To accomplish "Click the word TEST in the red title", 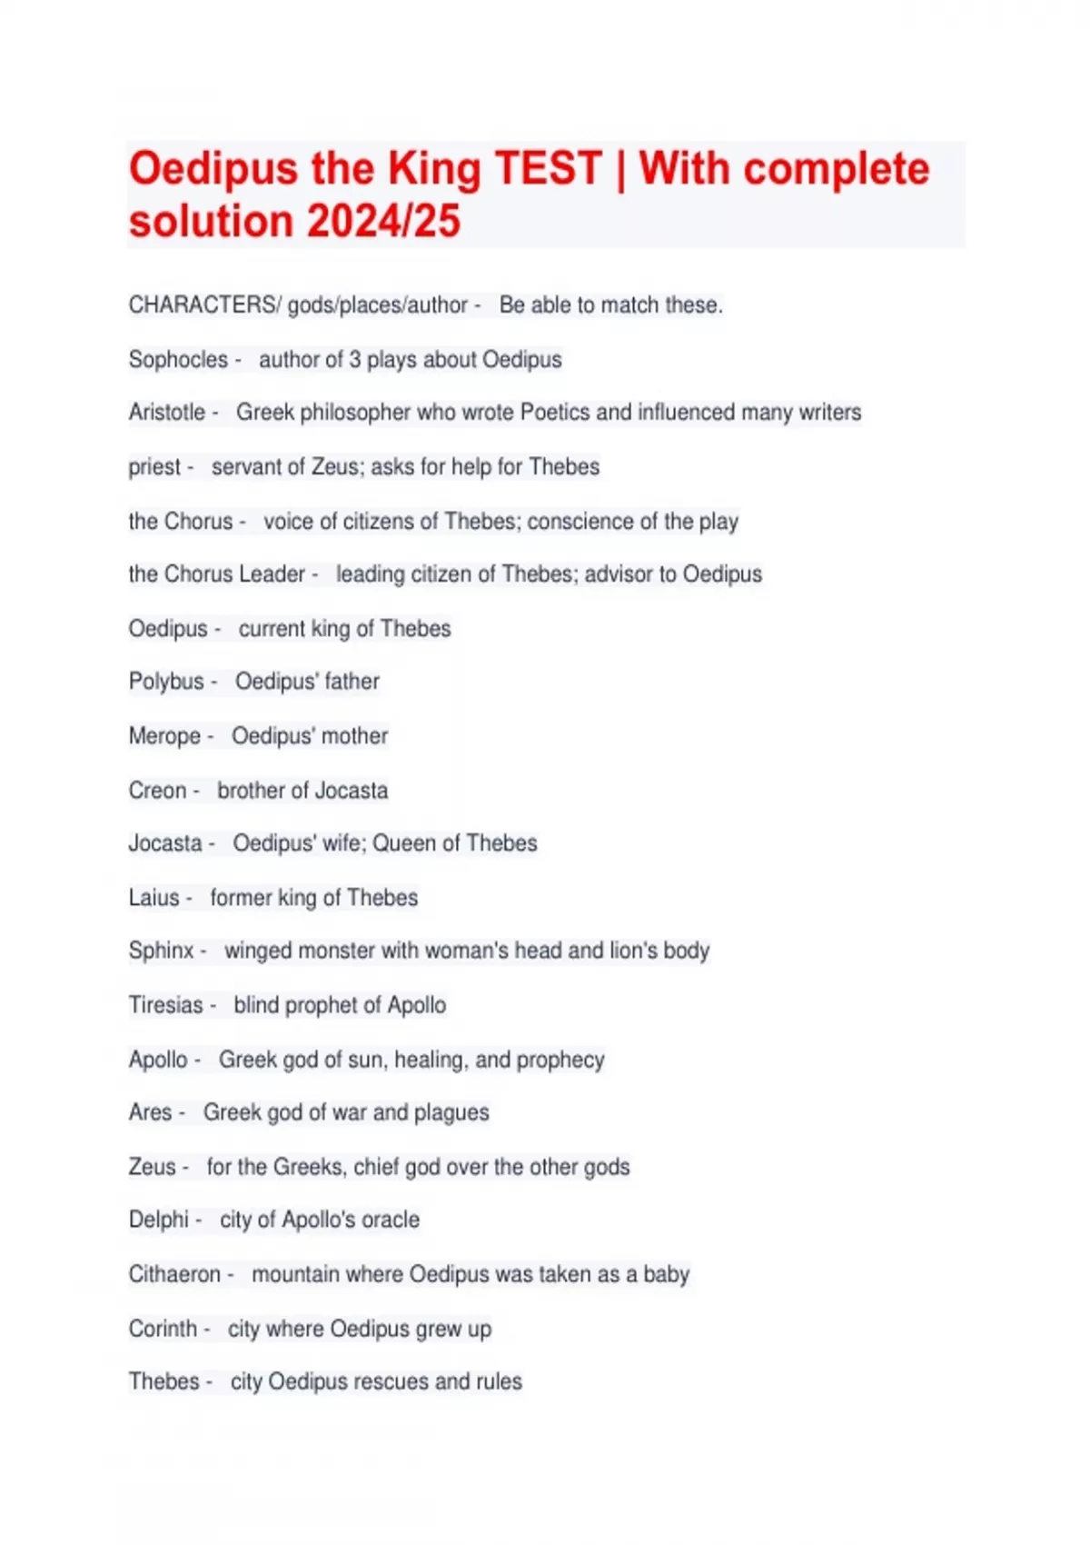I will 548,169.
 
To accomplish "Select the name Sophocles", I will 178,359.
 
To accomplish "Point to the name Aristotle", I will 167,412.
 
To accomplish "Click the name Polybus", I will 166,681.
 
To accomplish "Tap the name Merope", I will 164,735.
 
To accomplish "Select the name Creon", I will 157,790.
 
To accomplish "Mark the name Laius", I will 154,897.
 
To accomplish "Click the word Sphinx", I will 161,950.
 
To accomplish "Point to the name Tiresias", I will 165,1004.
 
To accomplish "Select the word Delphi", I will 159,1219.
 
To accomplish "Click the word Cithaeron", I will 174,1273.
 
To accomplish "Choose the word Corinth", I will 163,1328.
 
